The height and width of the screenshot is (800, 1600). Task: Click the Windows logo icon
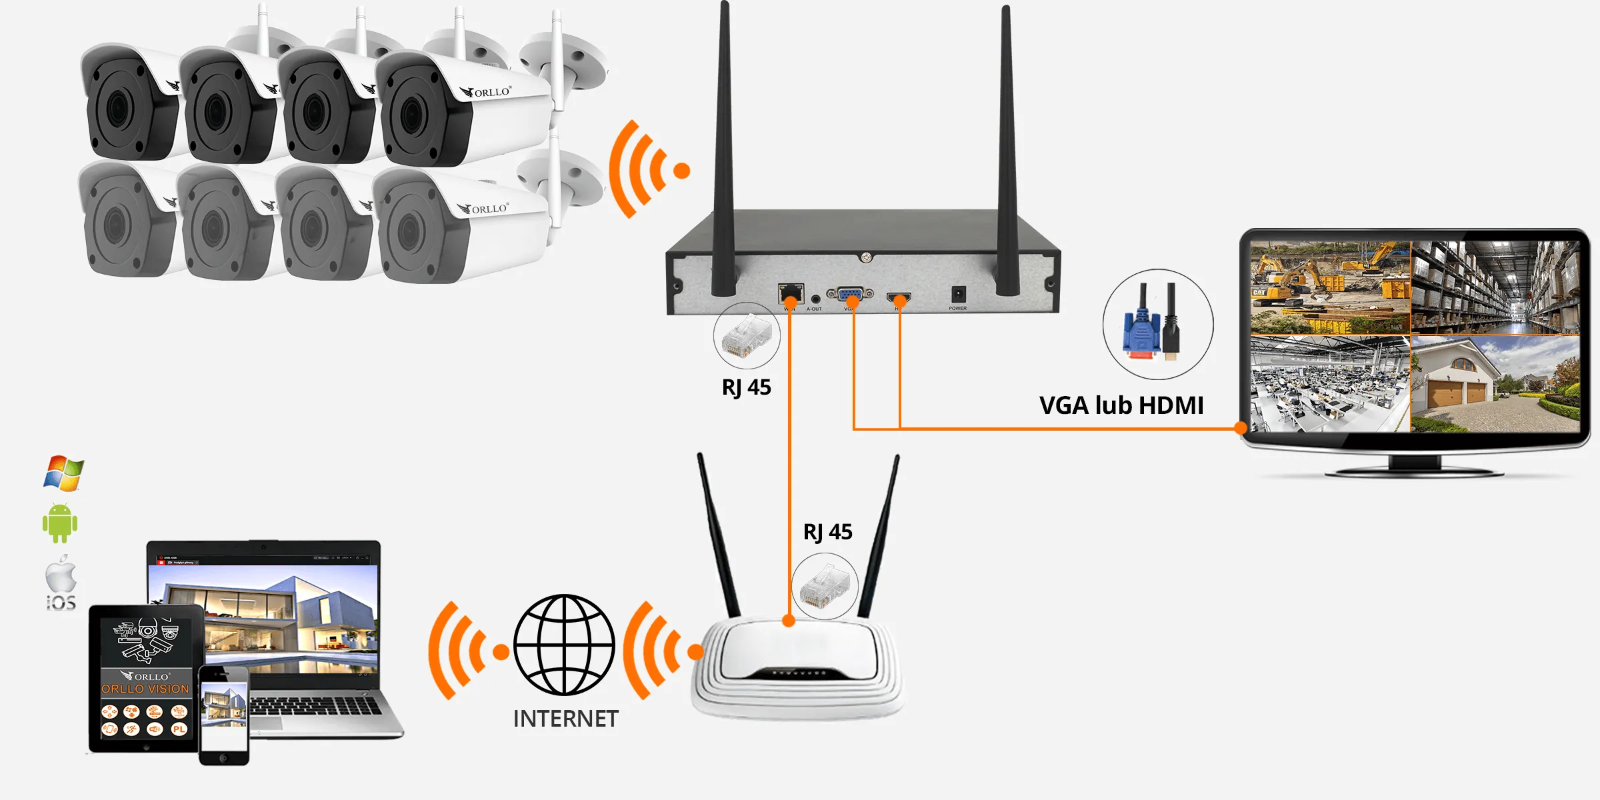(63, 473)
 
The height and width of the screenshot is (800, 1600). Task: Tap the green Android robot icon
(60, 523)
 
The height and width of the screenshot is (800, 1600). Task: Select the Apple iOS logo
(61, 583)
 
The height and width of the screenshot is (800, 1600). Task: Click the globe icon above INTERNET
(564, 645)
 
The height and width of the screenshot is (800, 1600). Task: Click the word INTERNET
(565, 719)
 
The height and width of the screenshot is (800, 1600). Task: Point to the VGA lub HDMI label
(1121, 405)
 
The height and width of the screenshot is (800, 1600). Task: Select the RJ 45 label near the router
(827, 532)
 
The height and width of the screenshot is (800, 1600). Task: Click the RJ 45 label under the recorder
(746, 387)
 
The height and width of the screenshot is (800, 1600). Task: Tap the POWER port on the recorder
(958, 294)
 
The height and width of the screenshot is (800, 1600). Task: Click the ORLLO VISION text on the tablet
(145, 689)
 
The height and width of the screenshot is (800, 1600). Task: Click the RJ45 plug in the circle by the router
(825, 587)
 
